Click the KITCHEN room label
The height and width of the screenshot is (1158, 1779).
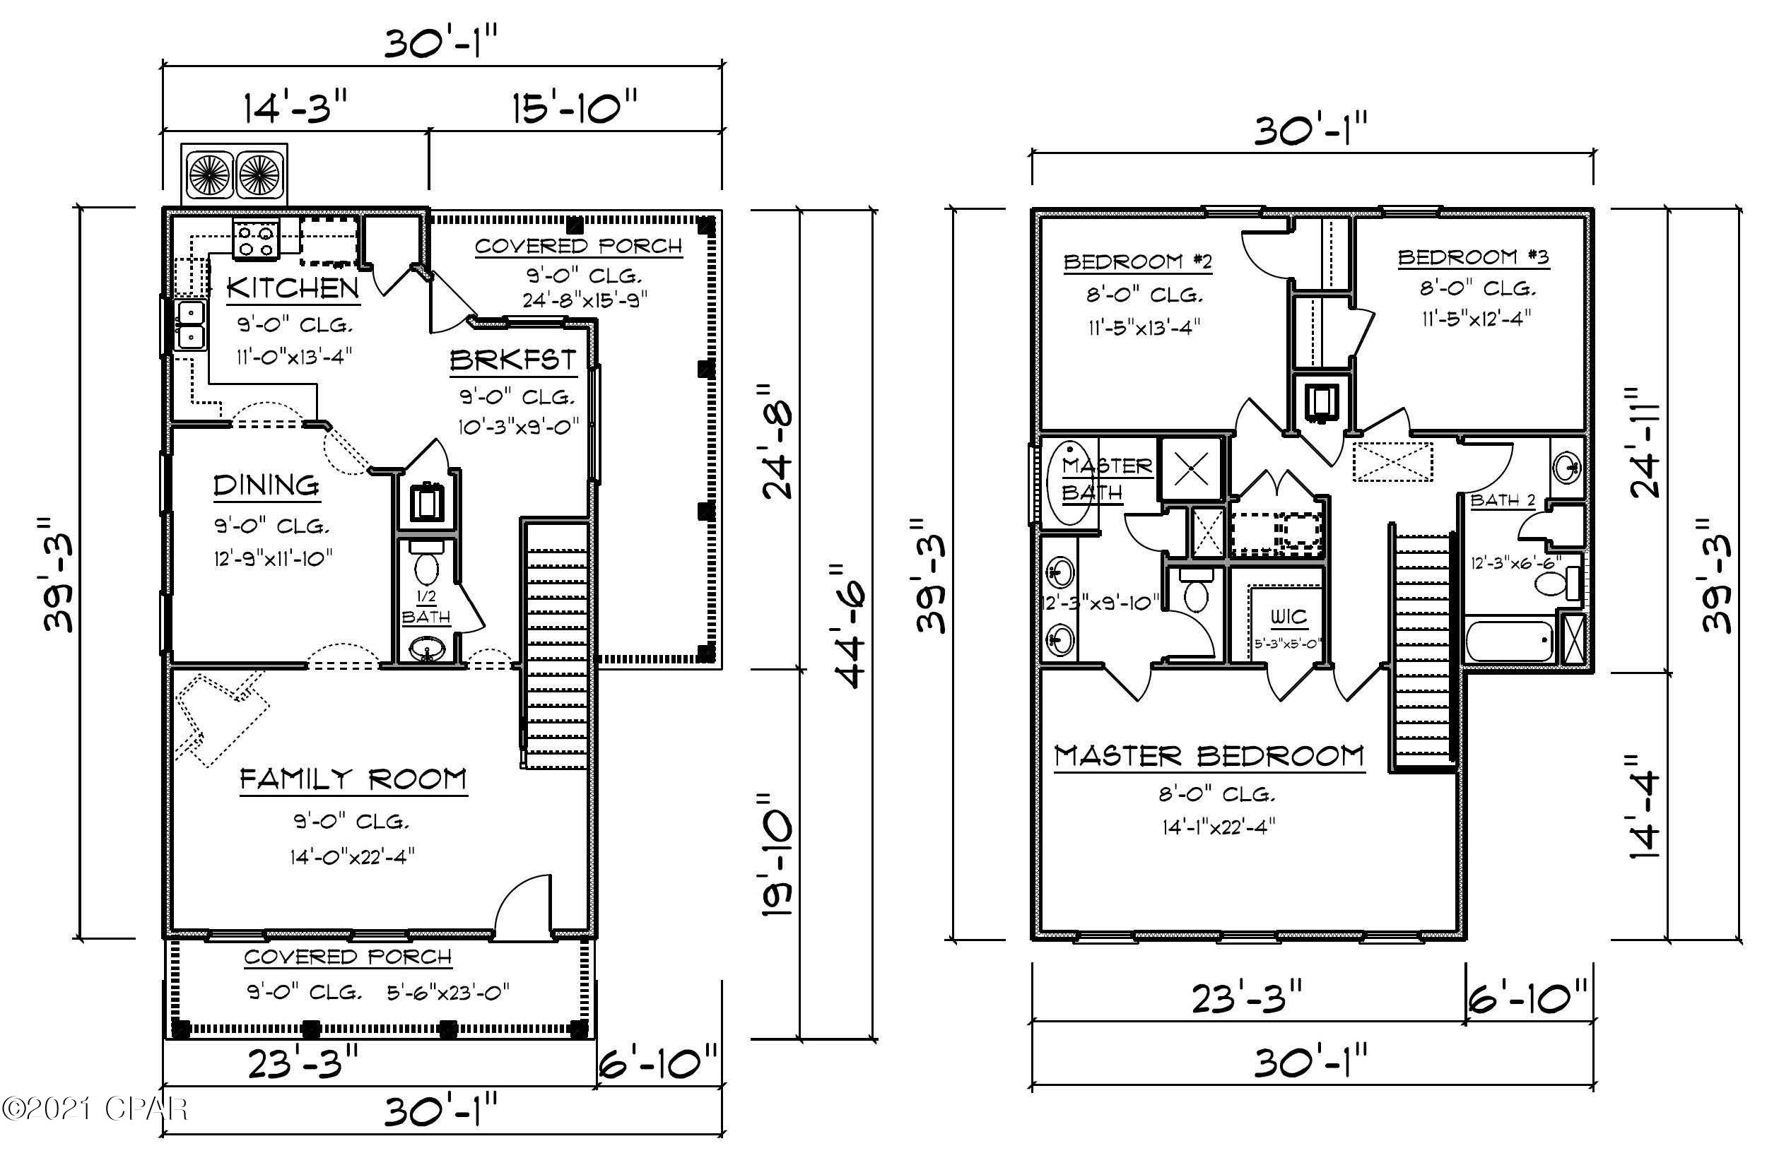293,288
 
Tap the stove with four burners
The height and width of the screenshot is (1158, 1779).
257,240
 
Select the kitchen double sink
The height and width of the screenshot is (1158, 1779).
191,325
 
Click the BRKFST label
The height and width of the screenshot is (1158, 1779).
512,361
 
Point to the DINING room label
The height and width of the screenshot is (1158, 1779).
266,485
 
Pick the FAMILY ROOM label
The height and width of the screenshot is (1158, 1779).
353,780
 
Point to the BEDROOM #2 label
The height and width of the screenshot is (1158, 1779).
1137,262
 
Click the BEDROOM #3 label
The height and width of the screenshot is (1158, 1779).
1472,258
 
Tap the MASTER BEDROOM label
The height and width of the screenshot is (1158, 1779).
1209,756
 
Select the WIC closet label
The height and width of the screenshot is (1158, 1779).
1288,617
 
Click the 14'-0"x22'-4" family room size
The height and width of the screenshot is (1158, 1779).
353,856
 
